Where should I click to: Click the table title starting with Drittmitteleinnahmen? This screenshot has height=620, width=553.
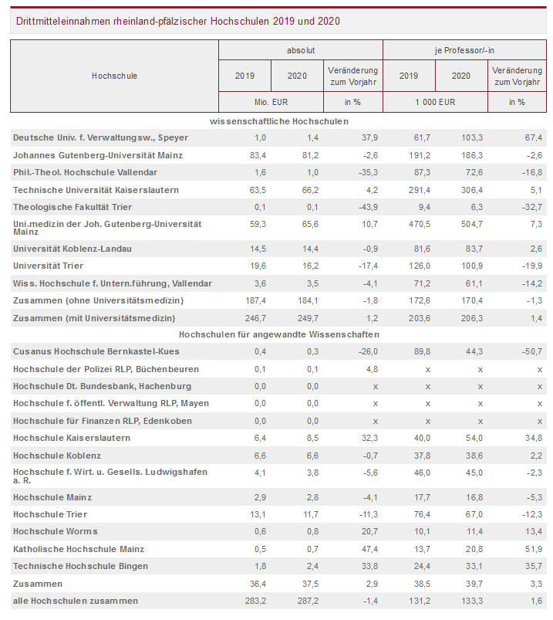pos(177,21)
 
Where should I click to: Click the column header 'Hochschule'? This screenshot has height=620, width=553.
pos(115,76)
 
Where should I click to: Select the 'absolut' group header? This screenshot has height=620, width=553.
pos(301,50)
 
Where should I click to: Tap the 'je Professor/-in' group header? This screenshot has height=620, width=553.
pos(464,50)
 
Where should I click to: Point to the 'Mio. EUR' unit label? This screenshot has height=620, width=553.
pos(271,102)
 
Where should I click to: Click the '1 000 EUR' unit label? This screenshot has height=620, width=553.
pos(435,102)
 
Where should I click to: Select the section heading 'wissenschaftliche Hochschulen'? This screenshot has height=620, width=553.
pos(279,121)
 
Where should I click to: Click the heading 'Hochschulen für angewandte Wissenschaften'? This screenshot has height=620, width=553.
pos(279,334)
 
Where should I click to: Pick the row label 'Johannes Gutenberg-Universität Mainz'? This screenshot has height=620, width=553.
pos(98,155)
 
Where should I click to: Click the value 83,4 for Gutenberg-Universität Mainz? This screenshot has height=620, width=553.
pos(258,155)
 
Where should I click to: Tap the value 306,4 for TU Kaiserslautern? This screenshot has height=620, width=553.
pos(471,190)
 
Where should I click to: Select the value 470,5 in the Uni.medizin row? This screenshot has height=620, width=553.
pos(419,224)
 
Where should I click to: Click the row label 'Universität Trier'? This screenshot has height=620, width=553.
pos(48,266)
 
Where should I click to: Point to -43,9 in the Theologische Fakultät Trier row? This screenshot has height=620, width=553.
pos(367,207)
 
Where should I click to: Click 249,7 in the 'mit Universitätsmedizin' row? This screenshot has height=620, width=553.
pos(308,318)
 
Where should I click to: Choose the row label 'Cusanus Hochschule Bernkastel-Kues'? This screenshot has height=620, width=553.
pos(96,351)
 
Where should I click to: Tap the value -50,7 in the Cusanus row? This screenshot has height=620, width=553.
pos(531,351)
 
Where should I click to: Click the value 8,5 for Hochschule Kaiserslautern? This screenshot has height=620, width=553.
pos(312,438)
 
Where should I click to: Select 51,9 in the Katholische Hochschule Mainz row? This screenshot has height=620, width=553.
pos(534,549)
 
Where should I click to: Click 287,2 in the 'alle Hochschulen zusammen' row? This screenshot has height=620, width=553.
pos(308,601)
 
